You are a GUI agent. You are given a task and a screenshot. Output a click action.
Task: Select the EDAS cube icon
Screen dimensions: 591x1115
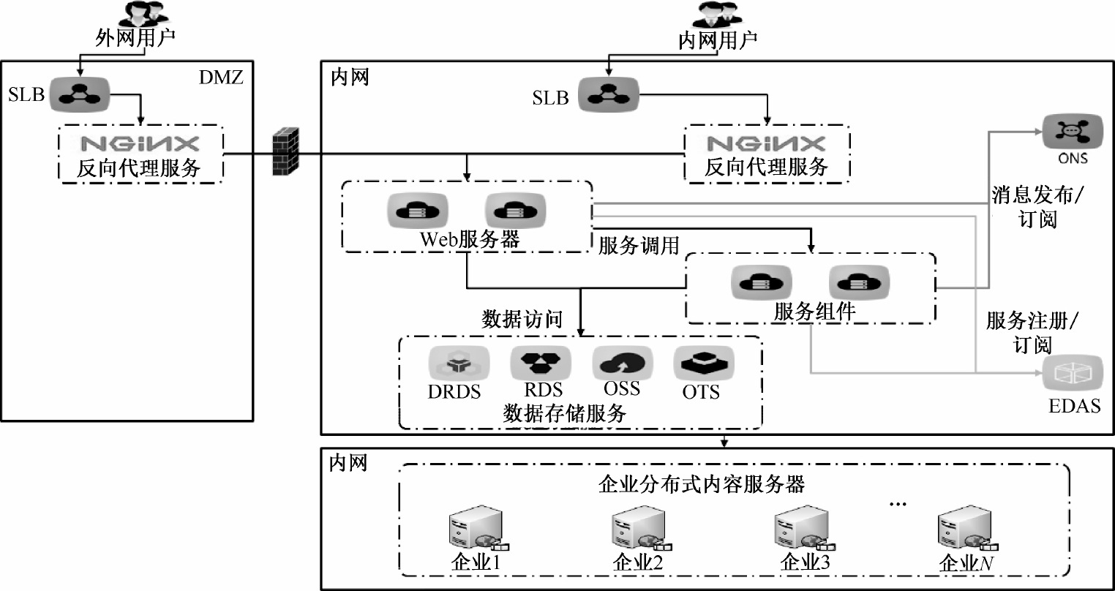pyautogui.click(x=1073, y=374)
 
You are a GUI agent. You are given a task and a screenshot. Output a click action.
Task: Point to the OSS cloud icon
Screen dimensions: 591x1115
pyautogui.click(x=621, y=361)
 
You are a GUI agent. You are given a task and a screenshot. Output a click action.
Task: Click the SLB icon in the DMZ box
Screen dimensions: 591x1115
pyautogui.click(x=79, y=94)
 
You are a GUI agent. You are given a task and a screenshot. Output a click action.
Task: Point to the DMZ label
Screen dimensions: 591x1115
pyautogui.click(x=220, y=77)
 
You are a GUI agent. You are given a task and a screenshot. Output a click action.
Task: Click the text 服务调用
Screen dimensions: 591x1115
pyautogui.click(x=639, y=246)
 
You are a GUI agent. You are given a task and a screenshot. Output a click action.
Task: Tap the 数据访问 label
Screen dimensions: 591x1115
pyautogui.click(x=522, y=319)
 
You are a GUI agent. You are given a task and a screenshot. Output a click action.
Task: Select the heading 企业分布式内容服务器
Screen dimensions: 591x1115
pyautogui.click(x=701, y=484)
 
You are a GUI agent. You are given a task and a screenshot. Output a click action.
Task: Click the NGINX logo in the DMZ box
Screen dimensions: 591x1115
pyautogui.click(x=139, y=143)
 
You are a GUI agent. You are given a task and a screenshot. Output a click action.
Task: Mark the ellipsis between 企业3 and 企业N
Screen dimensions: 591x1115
pyautogui.click(x=896, y=504)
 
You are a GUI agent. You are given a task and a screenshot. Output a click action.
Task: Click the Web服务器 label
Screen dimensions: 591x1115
pyautogui.click(x=469, y=240)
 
